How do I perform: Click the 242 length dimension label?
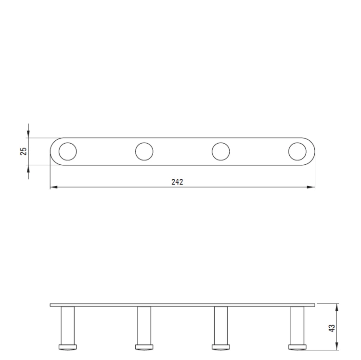tap(177, 182)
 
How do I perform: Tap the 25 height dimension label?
tap(24, 151)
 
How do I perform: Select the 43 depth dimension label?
tap(332, 328)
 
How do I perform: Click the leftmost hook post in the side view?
tap(68, 325)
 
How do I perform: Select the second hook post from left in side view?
tap(144, 325)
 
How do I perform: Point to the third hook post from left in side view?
tap(221, 325)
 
